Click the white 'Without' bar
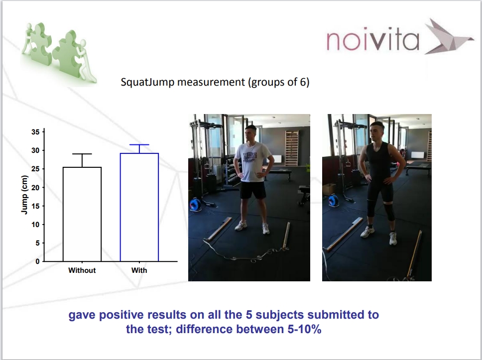82,214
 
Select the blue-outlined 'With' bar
139,207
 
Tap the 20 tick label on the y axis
36,188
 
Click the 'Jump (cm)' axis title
24,195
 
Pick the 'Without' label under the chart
82,270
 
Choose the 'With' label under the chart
139,270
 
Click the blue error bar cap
139,144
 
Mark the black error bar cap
82,154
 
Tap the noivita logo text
373,40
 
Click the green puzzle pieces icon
58,53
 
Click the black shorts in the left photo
252,190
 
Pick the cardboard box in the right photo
329,189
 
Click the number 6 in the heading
303,82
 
